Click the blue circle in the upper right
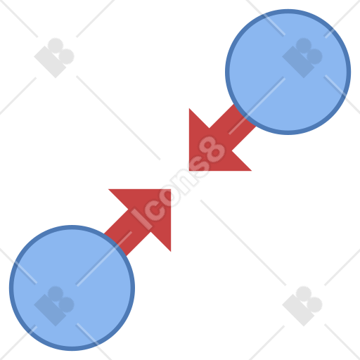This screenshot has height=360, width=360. (288, 72)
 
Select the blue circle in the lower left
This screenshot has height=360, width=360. (72, 288)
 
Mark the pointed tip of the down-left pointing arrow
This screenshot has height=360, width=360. (189, 171)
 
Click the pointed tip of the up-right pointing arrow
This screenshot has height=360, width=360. (171, 189)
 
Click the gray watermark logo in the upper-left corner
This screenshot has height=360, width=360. (54, 58)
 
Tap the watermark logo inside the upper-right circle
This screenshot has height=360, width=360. (302, 58)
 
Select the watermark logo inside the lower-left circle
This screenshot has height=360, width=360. (54, 306)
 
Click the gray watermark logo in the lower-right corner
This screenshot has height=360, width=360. (302, 306)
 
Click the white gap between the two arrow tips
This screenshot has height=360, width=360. (180, 180)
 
